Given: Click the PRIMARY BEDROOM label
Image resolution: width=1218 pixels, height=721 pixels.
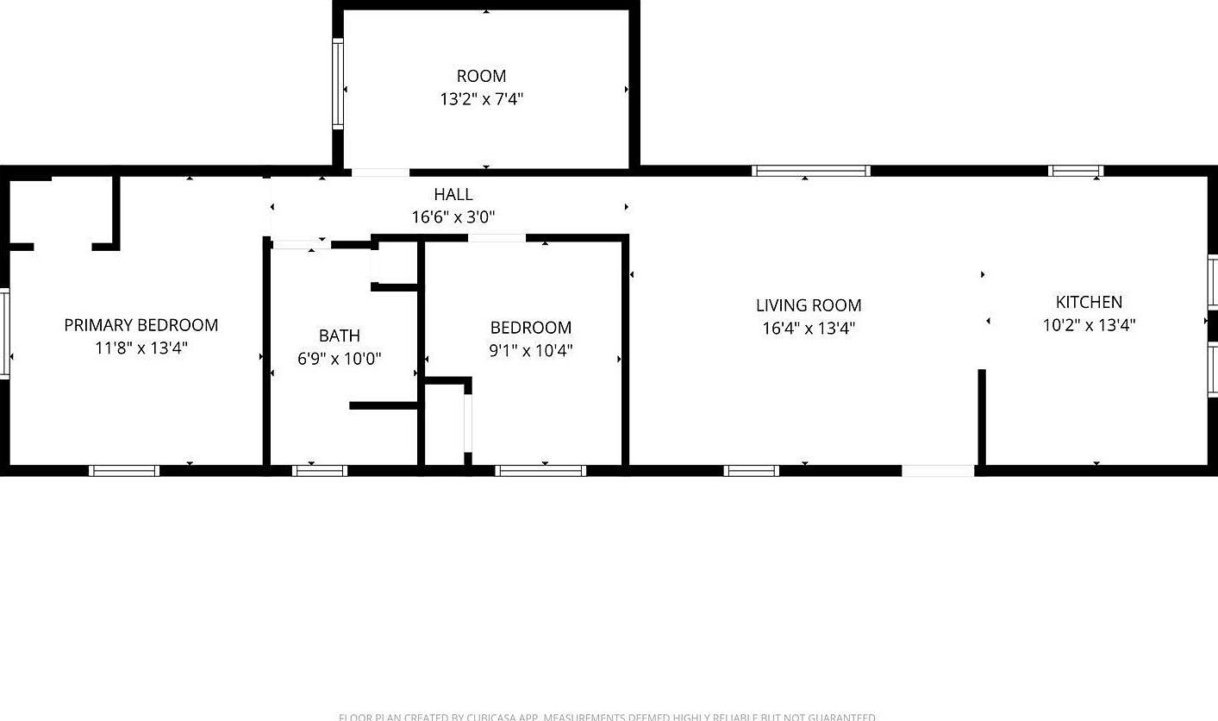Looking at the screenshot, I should click(x=141, y=325).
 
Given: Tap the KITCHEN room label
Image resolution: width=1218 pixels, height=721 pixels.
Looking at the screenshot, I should click(x=1089, y=302).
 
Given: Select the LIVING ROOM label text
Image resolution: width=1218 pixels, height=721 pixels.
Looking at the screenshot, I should click(x=809, y=305).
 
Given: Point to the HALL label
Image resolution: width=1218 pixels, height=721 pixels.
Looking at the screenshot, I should click(x=453, y=195).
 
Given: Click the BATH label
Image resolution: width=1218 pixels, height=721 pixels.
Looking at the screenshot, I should click(x=340, y=335).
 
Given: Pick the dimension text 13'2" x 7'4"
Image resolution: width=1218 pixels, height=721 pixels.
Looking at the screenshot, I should click(x=482, y=99).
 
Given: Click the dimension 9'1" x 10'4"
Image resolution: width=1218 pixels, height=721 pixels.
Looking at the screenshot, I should click(x=531, y=350).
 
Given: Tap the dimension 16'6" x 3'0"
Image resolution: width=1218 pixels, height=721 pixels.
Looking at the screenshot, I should click(x=453, y=217).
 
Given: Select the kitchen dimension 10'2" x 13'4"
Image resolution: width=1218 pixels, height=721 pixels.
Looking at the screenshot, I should click(x=1089, y=325).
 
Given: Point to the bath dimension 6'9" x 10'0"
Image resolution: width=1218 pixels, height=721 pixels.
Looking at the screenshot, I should click(x=340, y=359).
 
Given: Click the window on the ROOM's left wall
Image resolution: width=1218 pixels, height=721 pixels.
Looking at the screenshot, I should click(x=338, y=85).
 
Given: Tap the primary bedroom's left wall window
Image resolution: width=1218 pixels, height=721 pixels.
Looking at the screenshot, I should click(x=4, y=333).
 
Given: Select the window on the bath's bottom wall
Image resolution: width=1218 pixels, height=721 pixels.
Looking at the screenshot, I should click(x=319, y=471).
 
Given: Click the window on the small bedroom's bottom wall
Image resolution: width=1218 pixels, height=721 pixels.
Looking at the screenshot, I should click(x=541, y=471).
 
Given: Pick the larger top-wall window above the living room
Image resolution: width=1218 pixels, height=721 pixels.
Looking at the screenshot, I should click(x=811, y=171).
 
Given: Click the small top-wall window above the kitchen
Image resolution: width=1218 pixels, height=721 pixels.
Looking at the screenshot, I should click(x=1076, y=171).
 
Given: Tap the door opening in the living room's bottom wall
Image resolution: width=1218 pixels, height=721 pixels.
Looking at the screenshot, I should click(x=938, y=471).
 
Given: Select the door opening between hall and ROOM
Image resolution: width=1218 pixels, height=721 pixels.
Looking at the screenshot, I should click(x=380, y=172).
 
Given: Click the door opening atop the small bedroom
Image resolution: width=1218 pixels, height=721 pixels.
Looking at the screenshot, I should click(x=497, y=237).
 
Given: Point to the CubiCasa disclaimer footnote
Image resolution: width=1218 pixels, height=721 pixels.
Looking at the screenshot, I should click(x=607, y=716).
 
